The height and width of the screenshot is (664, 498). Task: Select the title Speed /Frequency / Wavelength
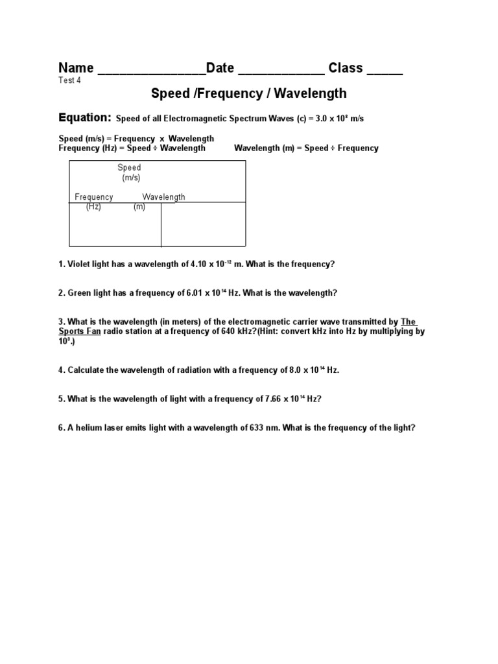249,94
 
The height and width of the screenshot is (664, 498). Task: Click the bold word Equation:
85,118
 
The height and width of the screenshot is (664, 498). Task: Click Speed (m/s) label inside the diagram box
130,172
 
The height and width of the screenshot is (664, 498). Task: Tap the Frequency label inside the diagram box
94,197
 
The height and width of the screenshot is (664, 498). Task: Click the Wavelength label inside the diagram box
164,197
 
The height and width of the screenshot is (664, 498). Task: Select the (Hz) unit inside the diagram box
93,207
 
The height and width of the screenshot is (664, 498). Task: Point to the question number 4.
62,370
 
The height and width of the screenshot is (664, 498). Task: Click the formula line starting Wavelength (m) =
306,148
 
